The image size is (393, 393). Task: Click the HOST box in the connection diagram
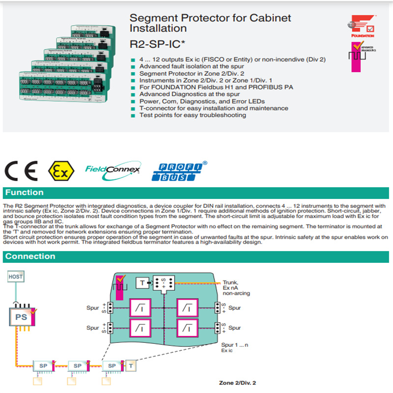point(15,277)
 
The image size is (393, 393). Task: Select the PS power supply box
point(21,317)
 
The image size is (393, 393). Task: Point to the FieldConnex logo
point(112,169)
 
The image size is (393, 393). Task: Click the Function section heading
point(25,193)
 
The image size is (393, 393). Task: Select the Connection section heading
point(30,256)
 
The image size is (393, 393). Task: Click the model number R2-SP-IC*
point(158,44)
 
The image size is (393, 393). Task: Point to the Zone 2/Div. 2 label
point(237,383)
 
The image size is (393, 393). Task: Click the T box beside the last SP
point(132,365)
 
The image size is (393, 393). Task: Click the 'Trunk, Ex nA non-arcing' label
point(236,287)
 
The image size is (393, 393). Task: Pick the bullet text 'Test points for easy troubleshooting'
point(193,115)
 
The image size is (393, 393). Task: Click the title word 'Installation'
point(158,28)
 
